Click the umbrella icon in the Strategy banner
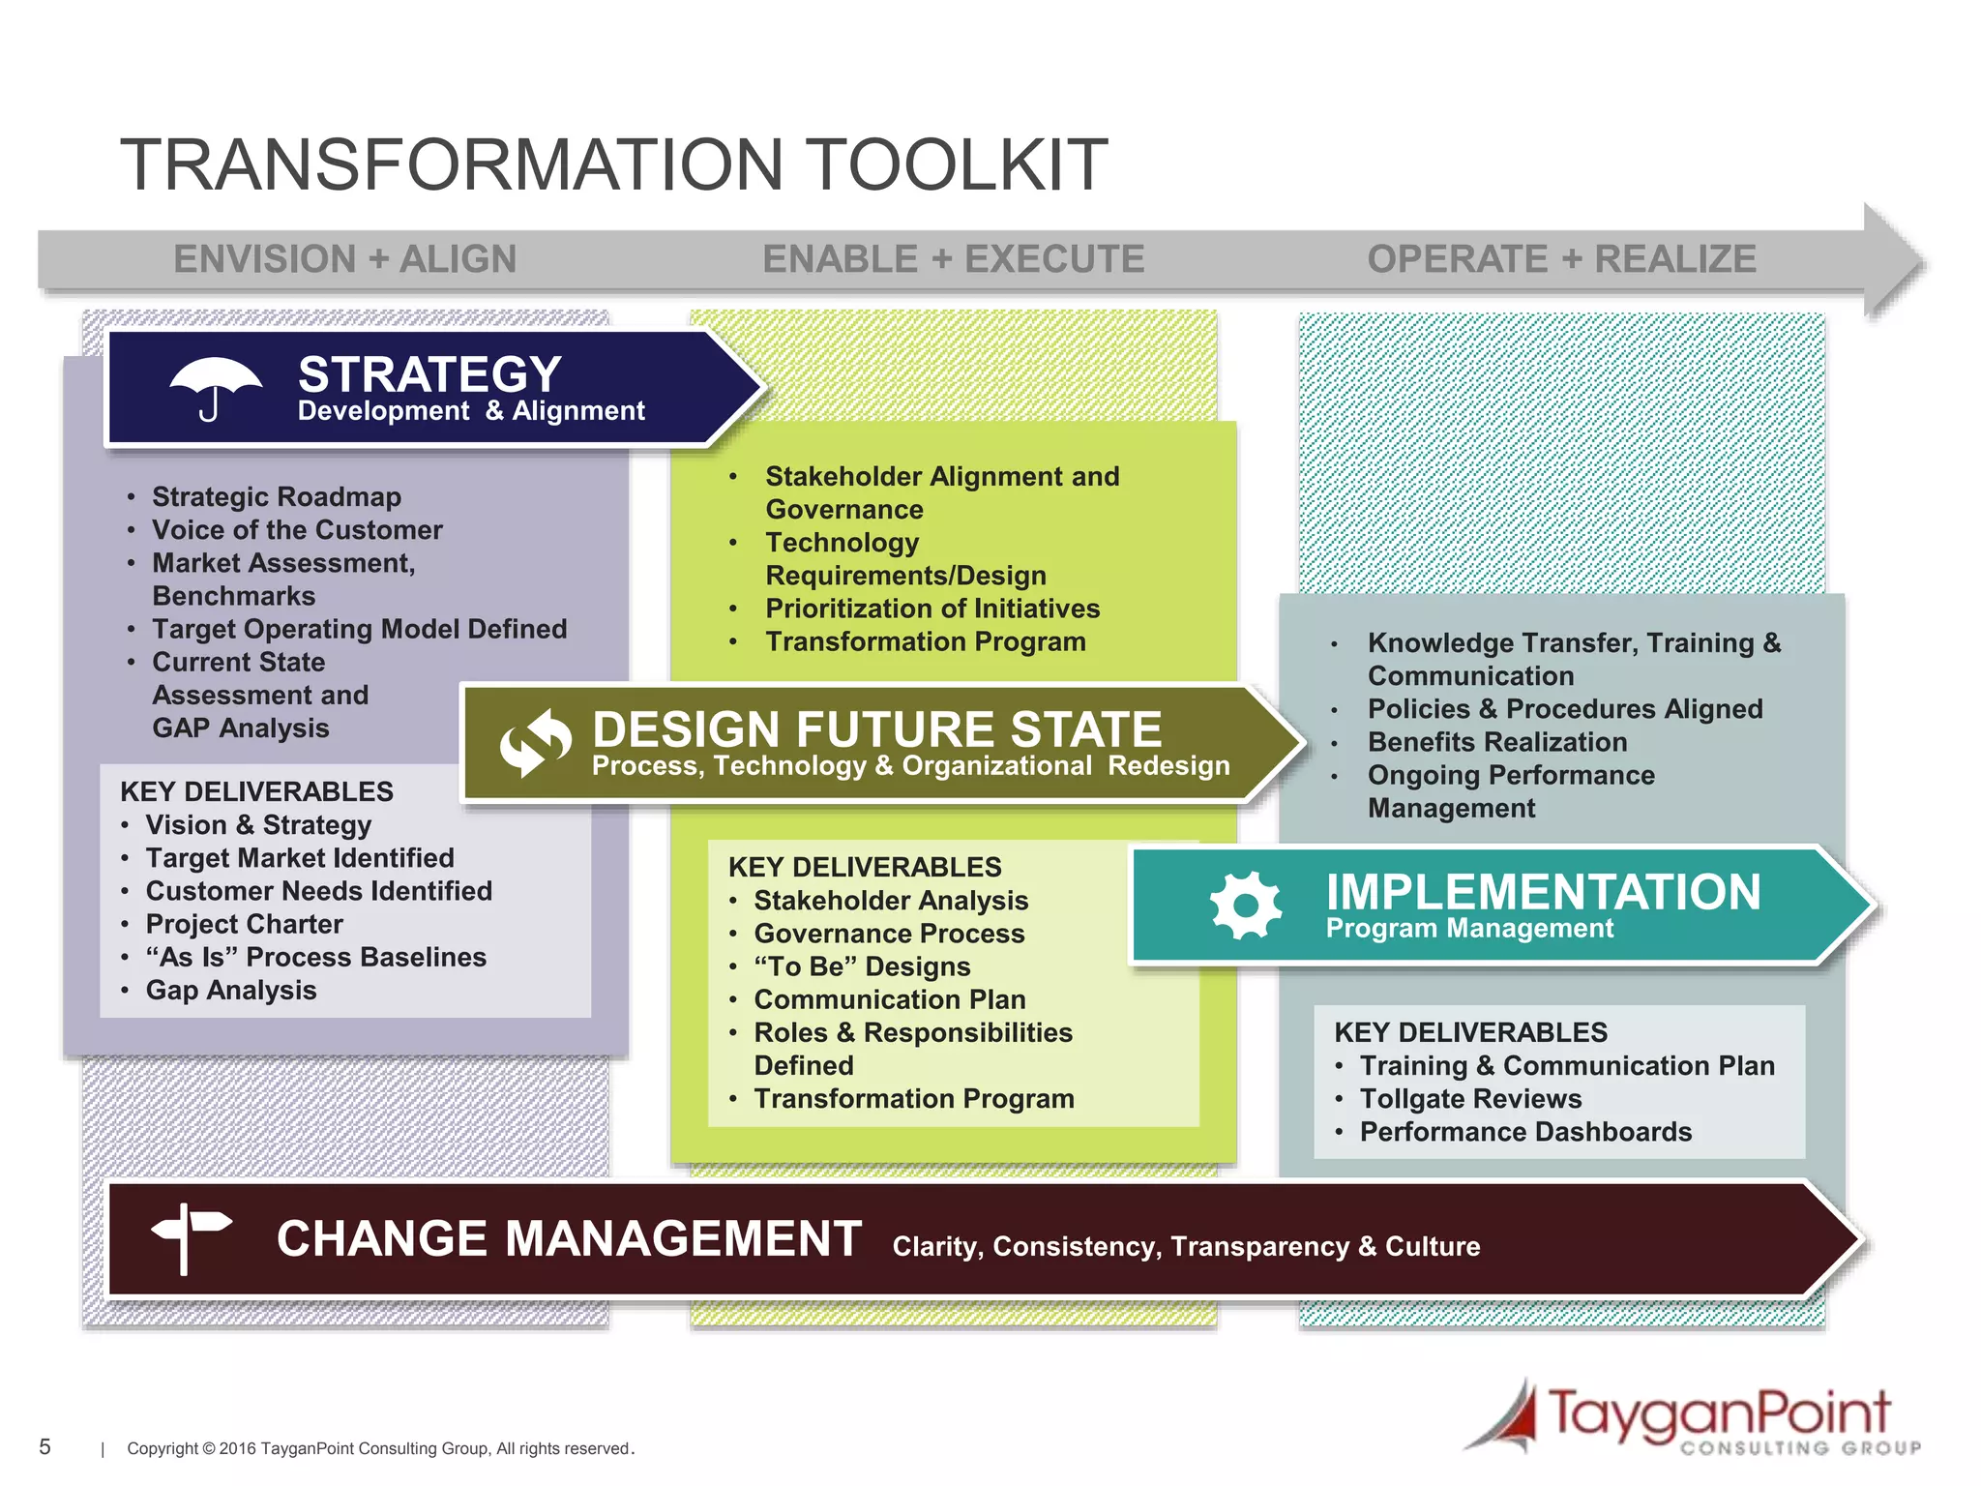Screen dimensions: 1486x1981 point(215,388)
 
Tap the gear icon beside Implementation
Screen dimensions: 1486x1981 point(1246,905)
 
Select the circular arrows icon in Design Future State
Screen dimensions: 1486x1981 point(535,743)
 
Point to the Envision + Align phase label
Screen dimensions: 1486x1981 point(344,259)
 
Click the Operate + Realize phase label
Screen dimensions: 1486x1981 point(1561,259)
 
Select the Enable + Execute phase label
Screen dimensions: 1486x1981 point(953,259)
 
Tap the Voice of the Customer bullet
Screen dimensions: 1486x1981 point(296,530)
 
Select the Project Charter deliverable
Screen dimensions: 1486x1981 point(244,924)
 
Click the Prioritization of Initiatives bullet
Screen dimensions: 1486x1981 point(931,609)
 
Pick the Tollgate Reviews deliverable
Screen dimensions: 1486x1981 point(1470,1099)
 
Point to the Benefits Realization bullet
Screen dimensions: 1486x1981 point(1496,742)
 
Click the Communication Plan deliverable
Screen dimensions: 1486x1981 point(889,999)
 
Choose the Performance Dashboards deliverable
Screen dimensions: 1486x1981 point(1525,1132)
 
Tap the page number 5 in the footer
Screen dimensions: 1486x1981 point(44,1446)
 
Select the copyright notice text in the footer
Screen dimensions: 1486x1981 point(380,1448)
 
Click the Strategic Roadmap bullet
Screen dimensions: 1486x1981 point(276,497)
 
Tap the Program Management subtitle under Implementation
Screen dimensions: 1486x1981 point(1468,929)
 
